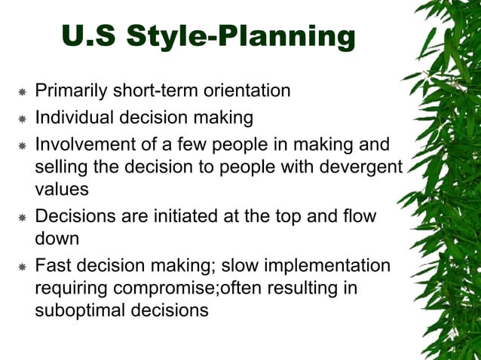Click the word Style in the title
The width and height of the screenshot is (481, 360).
(161, 36)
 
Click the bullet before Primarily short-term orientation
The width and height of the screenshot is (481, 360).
(23, 93)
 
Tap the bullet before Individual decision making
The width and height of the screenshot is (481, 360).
(23, 119)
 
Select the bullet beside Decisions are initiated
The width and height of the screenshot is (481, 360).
(23, 218)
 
